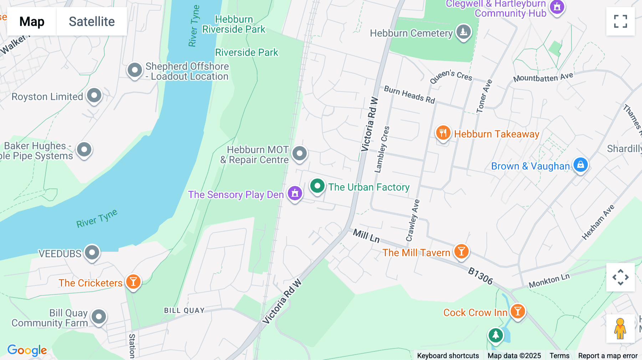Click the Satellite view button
[92, 21]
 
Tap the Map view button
[32, 21]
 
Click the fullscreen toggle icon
[620, 21]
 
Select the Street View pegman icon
[620, 328]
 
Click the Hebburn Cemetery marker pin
[463, 32]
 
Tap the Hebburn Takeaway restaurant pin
[443, 133]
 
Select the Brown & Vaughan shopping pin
[580, 165]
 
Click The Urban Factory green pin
[317, 186]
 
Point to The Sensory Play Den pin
[295, 194]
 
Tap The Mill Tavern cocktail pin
[461, 251]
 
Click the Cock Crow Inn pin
[518, 311]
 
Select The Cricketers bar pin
[133, 282]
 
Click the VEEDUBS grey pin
[92, 252]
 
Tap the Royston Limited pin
[94, 96]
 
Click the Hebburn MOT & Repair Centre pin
[299, 154]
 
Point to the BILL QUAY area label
[184, 310]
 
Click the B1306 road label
[480, 276]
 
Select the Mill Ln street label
[366, 236]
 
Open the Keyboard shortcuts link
[448, 355]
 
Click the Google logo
[27, 350]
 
